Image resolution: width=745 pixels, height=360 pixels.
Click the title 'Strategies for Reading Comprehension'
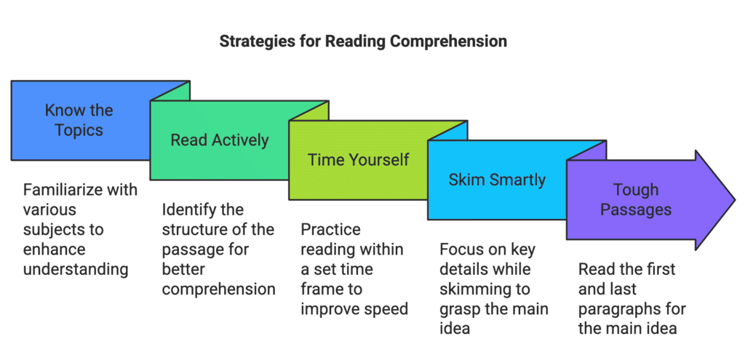pos(363,41)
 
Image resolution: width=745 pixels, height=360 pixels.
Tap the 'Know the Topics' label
pos(79,120)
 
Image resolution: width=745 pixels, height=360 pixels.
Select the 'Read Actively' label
pos(220,140)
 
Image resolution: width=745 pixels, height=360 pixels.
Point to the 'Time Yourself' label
pos(358,159)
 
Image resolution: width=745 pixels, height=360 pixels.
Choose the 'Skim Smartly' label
pos(497,180)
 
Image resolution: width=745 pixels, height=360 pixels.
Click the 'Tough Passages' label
pos(636,199)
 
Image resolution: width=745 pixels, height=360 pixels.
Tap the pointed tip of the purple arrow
pos(735,199)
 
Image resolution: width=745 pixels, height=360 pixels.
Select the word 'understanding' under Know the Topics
pos(76,270)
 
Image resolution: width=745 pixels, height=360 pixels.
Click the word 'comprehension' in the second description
pos(218,289)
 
